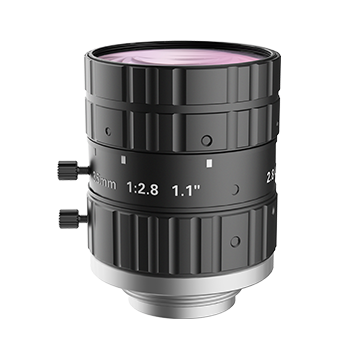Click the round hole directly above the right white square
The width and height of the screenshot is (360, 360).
tap(205, 140)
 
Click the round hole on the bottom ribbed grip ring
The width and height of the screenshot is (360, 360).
tap(235, 241)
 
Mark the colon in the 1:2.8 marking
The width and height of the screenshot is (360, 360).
tap(137, 186)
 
